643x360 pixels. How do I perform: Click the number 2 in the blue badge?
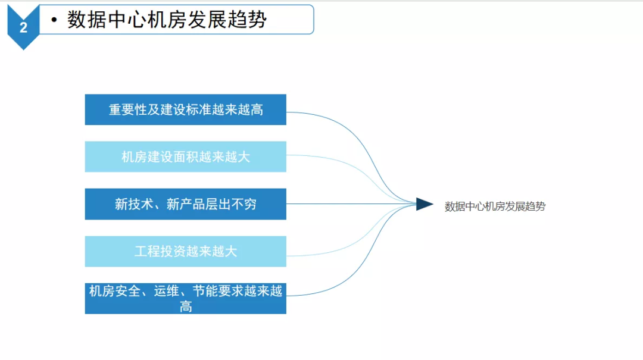click(23, 27)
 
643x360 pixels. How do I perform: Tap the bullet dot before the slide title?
click(54, 20)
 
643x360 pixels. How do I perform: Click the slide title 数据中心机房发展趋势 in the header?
click(167, 20)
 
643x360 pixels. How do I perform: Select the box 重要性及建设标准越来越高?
click(185, 109)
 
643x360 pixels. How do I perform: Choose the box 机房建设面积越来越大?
click(185, 156)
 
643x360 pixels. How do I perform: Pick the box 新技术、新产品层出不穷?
click(185, 204)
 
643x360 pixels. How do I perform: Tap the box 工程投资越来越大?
click(185, 251)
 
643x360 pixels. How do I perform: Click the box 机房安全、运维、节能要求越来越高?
click(185, 298)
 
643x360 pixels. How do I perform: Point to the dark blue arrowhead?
click(424, 204)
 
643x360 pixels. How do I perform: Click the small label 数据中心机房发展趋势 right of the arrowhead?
click(495, 206)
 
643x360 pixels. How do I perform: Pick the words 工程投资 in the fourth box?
click(160, 251)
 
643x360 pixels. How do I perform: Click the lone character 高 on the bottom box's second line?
click(186, 306)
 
